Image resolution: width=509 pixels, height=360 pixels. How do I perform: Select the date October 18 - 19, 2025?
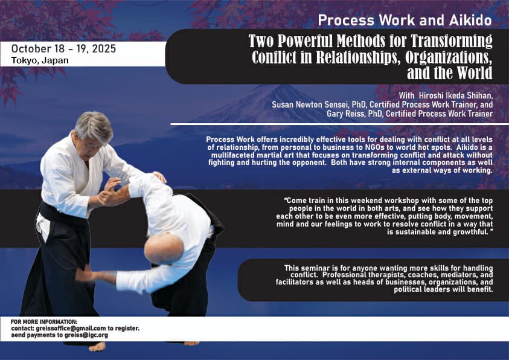tap(63, 48)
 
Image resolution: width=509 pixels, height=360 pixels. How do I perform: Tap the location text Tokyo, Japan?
tap(40, 60)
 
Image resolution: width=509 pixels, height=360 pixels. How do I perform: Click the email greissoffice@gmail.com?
tap(71, 328)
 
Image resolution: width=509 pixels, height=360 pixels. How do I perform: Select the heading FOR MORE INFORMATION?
tap(44, 321)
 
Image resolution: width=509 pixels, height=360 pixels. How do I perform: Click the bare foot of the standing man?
tap(97, 346)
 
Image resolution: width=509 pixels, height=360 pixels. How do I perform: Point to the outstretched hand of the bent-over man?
tap(85, 274)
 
